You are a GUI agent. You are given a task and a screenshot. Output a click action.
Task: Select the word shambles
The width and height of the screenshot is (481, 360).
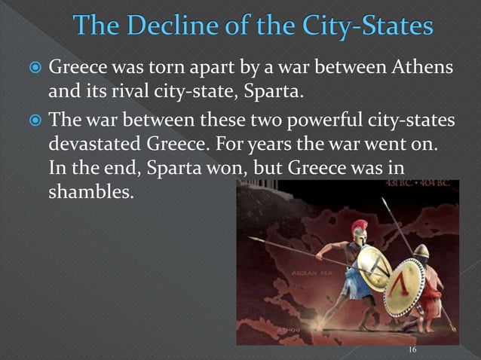pos(89,192)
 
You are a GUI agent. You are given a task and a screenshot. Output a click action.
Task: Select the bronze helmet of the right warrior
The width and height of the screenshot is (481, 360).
pos(421,251)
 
